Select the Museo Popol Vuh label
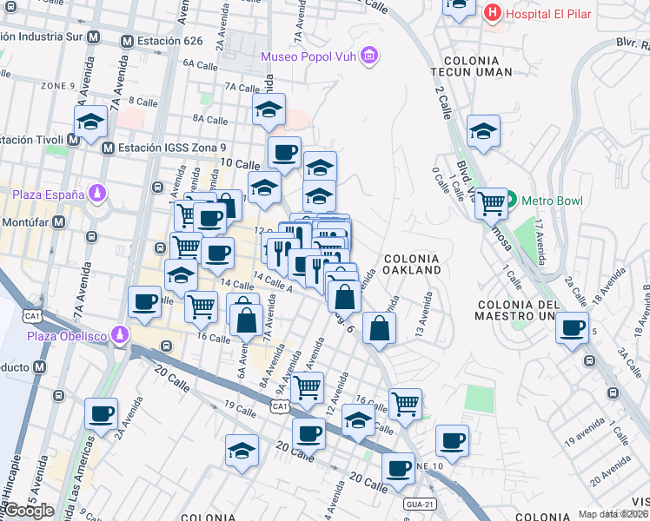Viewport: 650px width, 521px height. (310, 56)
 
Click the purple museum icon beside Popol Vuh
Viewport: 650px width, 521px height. (370, 56)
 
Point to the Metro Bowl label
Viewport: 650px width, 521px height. (553, 201)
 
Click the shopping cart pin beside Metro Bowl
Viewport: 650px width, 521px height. (492, 203)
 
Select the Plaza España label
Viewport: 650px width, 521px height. (49, 194)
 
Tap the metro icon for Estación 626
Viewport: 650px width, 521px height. (127, 41)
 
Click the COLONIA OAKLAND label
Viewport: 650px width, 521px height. (412, 264)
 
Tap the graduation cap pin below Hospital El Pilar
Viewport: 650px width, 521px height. (483, 131)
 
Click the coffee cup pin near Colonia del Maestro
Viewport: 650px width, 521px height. (572, 327)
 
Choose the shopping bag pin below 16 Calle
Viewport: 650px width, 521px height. (247, 318)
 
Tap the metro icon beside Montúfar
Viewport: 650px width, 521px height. (58, 221)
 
